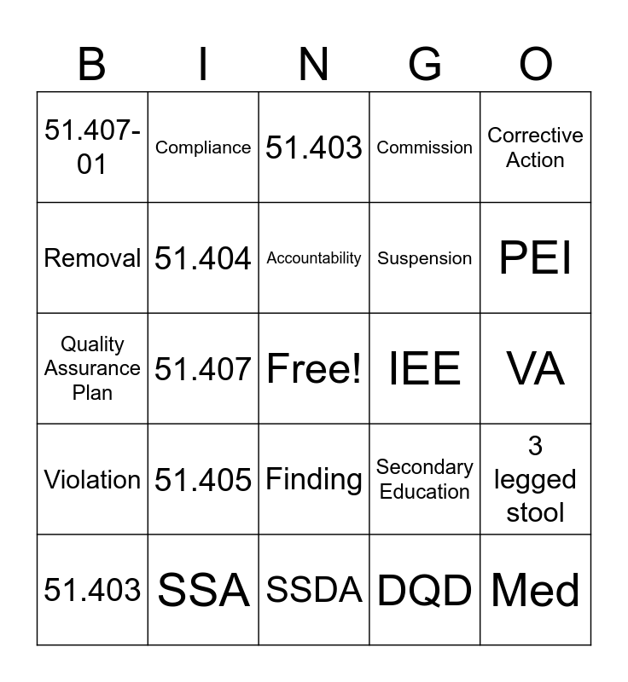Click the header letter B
tap(92, 65)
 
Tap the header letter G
tap(425, 65)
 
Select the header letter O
tap(536, 65)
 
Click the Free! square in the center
tap(314, 368)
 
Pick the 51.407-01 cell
tap(92, 147)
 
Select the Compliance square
tap(203, 147)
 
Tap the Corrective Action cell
tap(536, 147)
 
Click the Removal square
tap(92, 258)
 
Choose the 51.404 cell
tap(203, 258)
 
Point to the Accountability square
tap(314, 258)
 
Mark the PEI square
tap(536, 258)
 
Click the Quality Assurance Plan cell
tap(92, 368)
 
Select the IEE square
tap(425, 368)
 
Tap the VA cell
tap(536, 368)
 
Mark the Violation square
tap(92, 479)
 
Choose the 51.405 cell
tap(203, 479)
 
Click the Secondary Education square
tap(425, 479)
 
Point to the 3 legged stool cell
tap(536, 479)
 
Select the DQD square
tap(425, 590)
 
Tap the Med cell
tap(536, 590)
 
